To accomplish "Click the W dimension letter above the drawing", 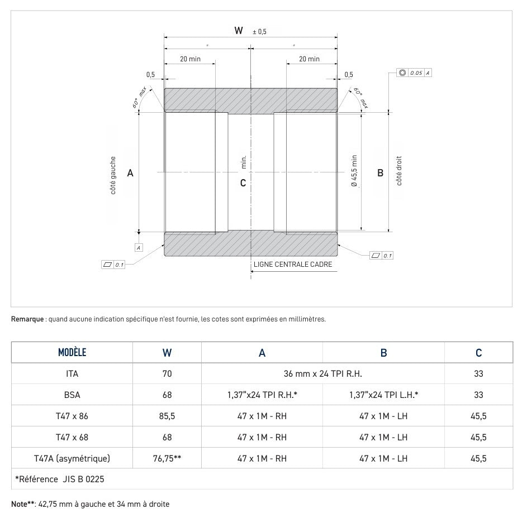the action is [239, 31].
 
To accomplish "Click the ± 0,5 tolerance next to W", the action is [259, 32].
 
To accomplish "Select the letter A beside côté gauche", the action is [130, 173].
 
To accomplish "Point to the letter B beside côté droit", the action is [380, 173].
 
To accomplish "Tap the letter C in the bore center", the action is [243, 183].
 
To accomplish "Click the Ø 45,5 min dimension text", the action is [354, 171].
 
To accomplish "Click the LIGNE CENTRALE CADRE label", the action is [292, 265].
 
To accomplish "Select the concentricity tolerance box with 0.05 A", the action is [414, 73].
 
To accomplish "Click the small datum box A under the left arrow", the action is [137, 247].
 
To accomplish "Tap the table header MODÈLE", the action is [72, 353].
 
